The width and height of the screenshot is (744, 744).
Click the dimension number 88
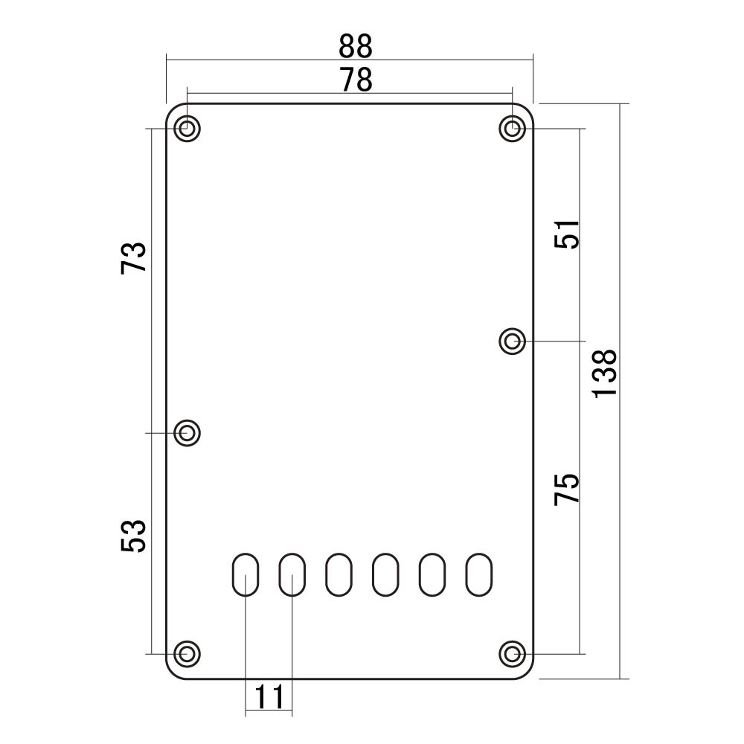pyautogui.click(x=356, y=46)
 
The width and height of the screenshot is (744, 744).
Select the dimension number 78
pyautogui.click(x=356, y=80)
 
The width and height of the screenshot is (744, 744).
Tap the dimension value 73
pyautogui.click(x=133, y=258)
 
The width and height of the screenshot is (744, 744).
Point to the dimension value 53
pyautogui.click(x=133, y=536)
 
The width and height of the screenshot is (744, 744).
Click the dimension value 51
pyautogui.click(x=567, y=234)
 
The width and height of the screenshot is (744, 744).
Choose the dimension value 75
pyautogui.click(x=567, y=490)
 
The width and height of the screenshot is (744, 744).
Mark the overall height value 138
pyautogui.click(x=604, y=373)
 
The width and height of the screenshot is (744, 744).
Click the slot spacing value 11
pyautogui.click(x=269, y=697)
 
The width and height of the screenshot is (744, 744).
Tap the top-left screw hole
pyautogui.click(x=187, y=129)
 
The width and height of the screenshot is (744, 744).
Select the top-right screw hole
pyautogui.click(x=513, y=129)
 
